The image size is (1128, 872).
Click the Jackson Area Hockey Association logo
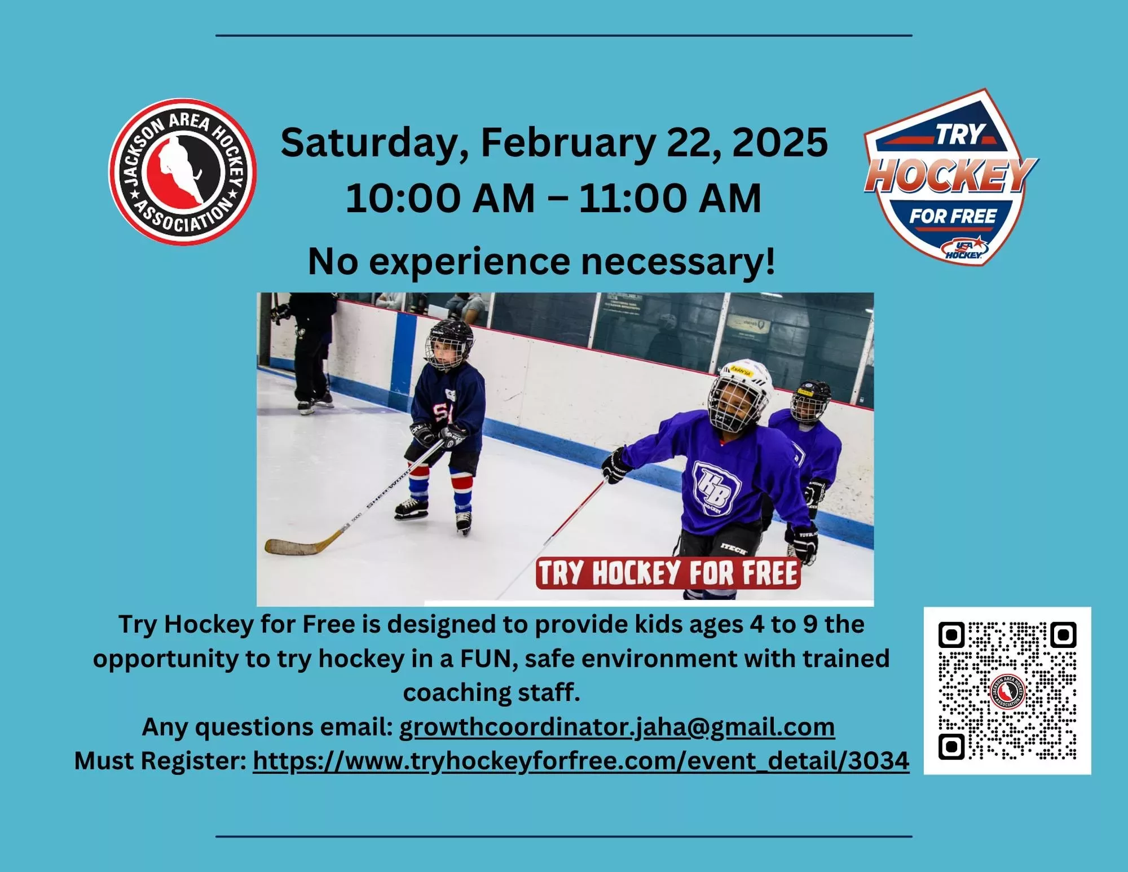pos(183,172)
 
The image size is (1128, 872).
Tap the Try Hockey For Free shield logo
pos(951,177)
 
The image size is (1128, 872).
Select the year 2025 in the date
pos(780,142)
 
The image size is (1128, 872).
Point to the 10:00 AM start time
pos(440,199)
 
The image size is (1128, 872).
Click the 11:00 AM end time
pos(670,199)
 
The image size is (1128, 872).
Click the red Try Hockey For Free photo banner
pos(668,573)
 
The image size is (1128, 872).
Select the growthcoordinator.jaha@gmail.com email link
pos(617,728)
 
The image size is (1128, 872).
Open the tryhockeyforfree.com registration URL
pos(581,761)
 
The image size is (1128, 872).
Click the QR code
pos(1007,690)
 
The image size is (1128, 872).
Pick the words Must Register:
pos(161,761)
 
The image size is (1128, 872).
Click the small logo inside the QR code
pos(1007,691)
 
